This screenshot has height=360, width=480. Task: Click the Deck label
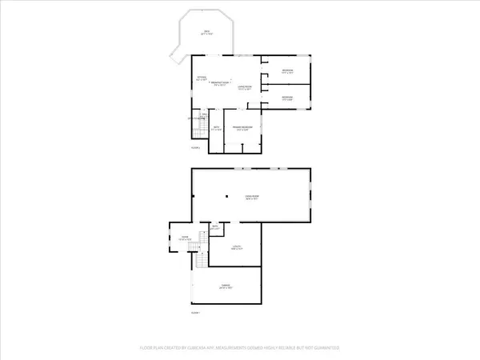click(206, 32)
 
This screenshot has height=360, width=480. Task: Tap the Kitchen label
click(202, 77)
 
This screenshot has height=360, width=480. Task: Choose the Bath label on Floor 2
click(216, 127)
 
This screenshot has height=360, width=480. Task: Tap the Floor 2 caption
click(195, 148)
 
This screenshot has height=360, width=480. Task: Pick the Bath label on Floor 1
click(214, 228)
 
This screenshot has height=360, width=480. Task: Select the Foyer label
click(182, 238)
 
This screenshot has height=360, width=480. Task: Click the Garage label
click(226, 286)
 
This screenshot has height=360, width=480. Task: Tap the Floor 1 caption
click(195, 313)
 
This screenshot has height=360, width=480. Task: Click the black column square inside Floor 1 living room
click(226, 197)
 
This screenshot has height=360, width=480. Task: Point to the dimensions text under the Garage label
click(226, 290)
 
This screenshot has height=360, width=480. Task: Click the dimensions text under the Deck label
click(206, 36)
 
